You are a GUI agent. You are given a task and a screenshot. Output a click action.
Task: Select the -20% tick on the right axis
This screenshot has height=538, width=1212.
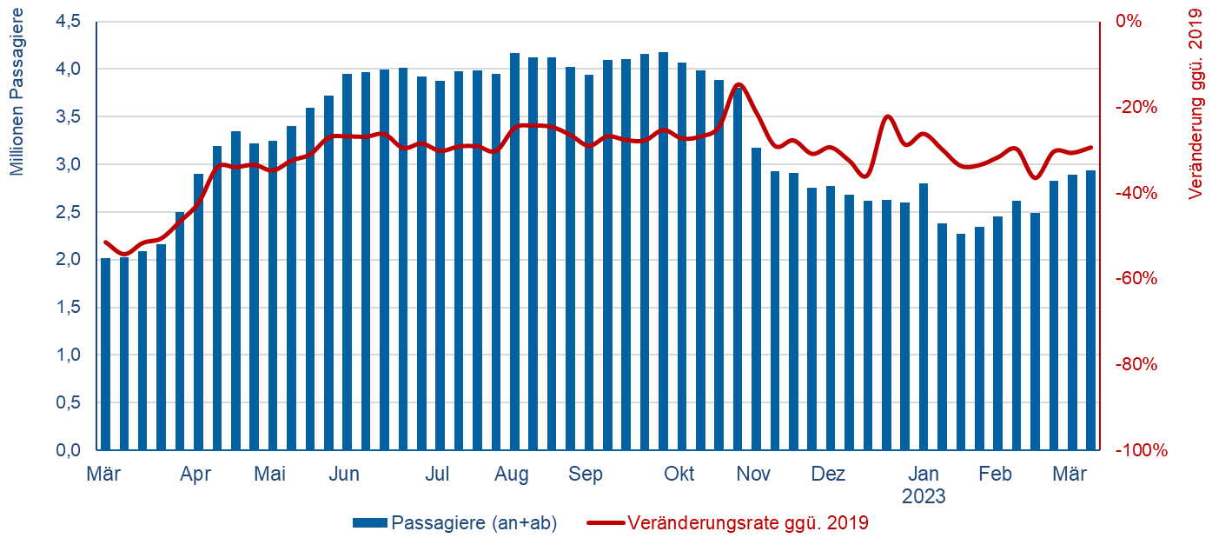(x=1136, y=107)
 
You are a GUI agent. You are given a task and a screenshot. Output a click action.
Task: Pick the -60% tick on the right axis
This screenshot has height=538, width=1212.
(x=1136, y=278)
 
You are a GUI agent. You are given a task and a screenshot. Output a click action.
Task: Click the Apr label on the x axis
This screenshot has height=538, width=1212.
(x=196, y=475)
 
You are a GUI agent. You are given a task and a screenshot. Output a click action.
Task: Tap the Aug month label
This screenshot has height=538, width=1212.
(x=512, y=475)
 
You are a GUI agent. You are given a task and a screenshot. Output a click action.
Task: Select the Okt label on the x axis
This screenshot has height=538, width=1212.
(x=679, y=475)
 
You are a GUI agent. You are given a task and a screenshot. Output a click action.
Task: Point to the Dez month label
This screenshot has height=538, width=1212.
(x=828, y=475)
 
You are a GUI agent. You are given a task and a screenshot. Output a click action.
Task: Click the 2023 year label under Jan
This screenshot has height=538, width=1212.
(x=924, y=498)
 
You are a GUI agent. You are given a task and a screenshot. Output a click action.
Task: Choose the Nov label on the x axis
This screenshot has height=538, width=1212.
(x=753, y=475)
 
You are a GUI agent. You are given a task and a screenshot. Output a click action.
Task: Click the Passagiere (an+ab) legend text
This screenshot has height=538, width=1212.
(x=474, y=523)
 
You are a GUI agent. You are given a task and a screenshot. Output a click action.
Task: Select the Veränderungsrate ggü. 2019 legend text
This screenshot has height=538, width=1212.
(x=747, y=523)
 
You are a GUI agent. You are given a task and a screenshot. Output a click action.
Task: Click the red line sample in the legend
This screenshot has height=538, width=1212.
(x=605, y=523)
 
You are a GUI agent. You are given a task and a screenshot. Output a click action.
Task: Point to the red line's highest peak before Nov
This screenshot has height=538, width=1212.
(x=738, y=84)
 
